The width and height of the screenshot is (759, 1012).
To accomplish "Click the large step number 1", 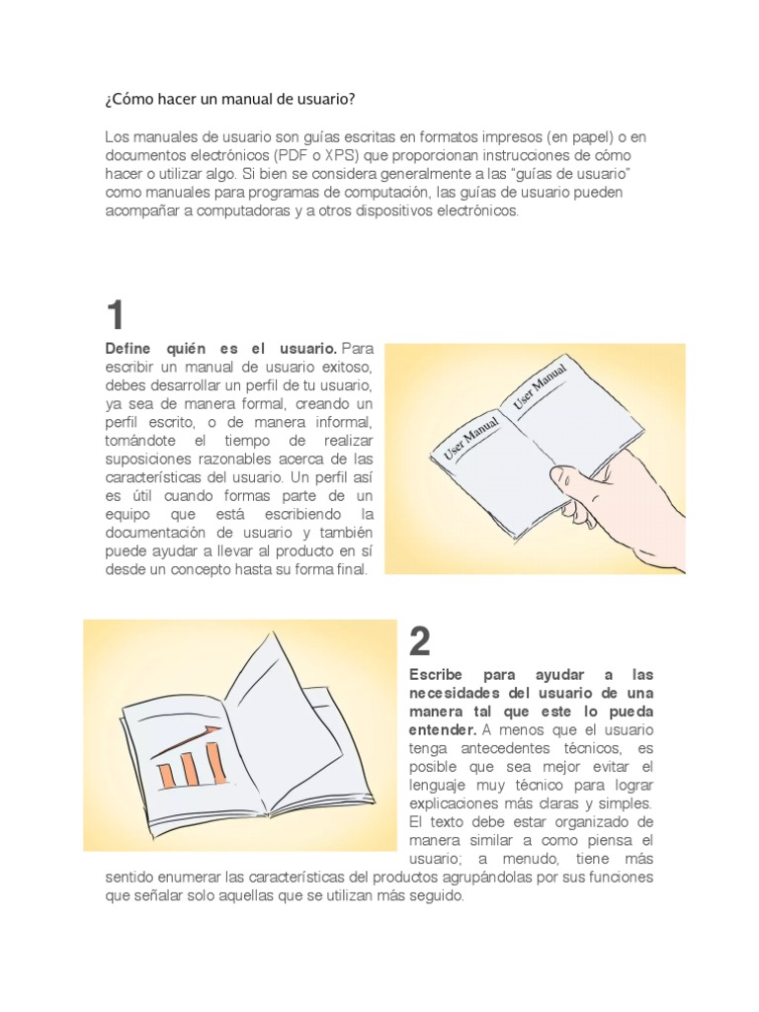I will click(117, 316).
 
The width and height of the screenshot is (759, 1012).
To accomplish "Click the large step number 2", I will click(420, 643).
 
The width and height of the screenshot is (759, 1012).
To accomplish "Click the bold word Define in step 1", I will click(129, 348).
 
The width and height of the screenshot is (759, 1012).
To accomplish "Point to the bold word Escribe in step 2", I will click(435, 674).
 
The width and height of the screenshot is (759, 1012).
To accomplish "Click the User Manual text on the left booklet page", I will click(470, 436).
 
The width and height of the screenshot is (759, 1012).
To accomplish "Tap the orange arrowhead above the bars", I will click(213, 730).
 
